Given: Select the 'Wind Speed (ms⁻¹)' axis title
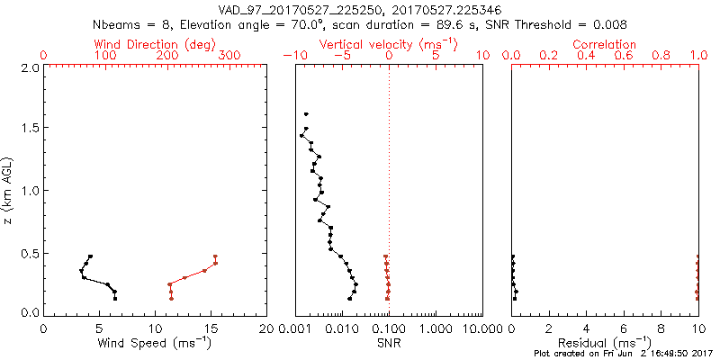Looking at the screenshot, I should pos(156,343).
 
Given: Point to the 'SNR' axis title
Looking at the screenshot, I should pos(389,343).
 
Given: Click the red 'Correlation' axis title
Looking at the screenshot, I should pos(605,44).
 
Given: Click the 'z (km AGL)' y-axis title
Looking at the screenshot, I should pos(8,190).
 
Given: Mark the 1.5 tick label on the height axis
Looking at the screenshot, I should pos(30,129).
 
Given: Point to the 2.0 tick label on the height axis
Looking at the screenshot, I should pos(30,67).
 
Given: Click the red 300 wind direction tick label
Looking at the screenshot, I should pos(229,56).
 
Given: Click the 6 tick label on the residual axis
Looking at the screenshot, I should pos(624,329).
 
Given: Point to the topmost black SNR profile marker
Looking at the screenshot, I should pos(306,114).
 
